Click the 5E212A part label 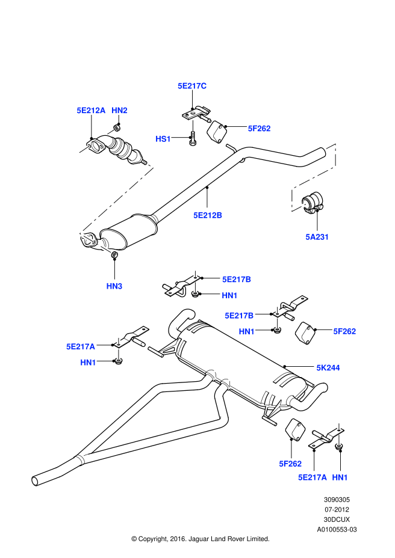tap(91, 111)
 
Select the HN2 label tap(119, 111)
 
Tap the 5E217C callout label tap(191, 86)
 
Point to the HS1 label tap(163, 139)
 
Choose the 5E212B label tap(208, 215)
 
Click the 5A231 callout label tap(317, 237)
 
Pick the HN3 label tap(114, 286)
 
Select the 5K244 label tap(328, 367)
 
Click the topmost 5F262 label tap(260, 128)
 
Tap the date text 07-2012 tap(337, 509)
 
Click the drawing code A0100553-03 tap(337, 530)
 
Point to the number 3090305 tap(337, 499)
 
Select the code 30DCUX tap(337, 519)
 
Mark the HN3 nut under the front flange tap(114, 256)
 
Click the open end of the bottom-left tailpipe tap(35, 480)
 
